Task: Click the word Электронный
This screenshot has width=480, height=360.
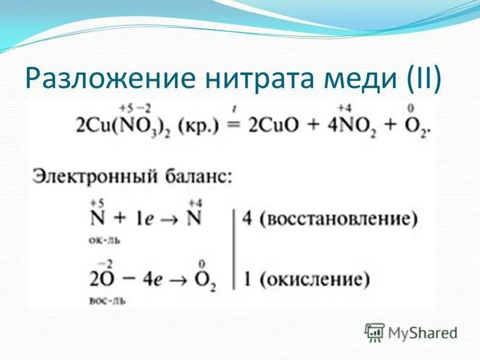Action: pos(87,177)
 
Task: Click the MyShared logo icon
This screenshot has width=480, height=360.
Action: pos(375,332)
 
